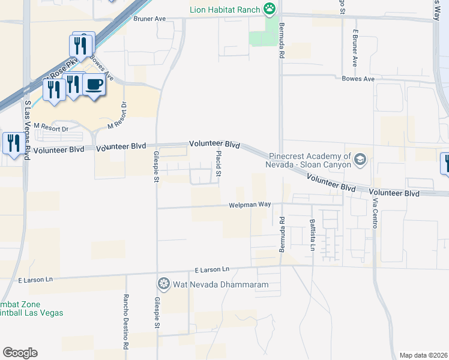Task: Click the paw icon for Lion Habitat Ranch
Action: (271, 9)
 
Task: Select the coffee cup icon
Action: (94, 85)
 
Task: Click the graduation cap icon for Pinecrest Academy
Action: (360, 159)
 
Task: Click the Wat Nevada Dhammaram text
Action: (220, 284)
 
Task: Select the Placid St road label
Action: (218, 164)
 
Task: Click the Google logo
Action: (20, 353)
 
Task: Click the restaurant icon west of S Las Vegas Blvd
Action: (12, 143)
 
